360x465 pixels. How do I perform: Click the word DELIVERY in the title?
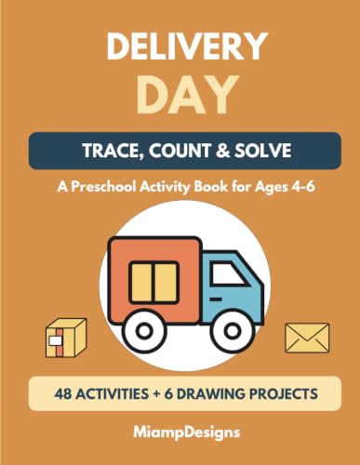click(x=187, y=46)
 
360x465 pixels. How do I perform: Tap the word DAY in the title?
click(x=188, y=96)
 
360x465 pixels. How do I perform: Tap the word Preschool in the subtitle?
click(x=104, y=187)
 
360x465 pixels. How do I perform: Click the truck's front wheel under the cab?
click(x=231, y=331)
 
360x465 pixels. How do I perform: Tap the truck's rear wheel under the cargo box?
click(x=144, y=331)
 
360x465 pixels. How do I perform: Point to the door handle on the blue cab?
click(x=216, y=299)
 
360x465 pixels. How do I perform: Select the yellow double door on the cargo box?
click(x=154, y=283)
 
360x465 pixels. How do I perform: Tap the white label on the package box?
click(x=56, y=340)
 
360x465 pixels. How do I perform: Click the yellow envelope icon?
click(x=307, y=338)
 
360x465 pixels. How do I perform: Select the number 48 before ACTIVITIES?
click(x=63, y=393)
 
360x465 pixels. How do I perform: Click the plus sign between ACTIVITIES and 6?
click(x=156, y=394)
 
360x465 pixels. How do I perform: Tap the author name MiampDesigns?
click(x=187, y=432)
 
